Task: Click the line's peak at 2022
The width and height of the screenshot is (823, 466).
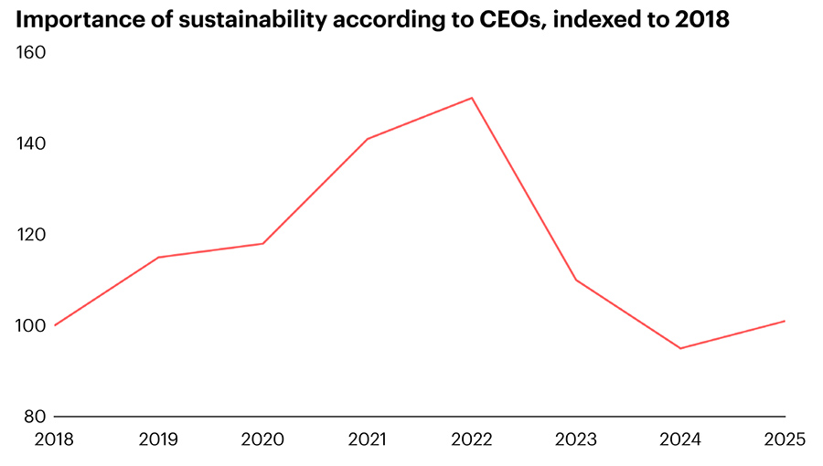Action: point(472,98)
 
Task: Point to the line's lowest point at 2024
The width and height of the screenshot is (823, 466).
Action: point(680,348)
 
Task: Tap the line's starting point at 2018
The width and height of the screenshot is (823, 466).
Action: point(55,325)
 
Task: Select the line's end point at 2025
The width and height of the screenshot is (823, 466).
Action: point(785,321)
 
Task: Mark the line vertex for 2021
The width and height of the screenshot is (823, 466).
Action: point(368,139)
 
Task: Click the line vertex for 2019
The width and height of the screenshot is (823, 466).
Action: point(159,257)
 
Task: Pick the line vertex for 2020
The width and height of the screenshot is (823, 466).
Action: point(263,243)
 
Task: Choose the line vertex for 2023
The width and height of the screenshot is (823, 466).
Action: point(576,280)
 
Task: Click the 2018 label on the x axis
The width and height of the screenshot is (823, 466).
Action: point(55,440)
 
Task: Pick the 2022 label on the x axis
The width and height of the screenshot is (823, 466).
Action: point(472,440)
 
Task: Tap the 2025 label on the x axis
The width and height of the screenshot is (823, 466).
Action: point(784,440)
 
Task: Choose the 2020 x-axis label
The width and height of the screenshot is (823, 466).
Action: point(263,440)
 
